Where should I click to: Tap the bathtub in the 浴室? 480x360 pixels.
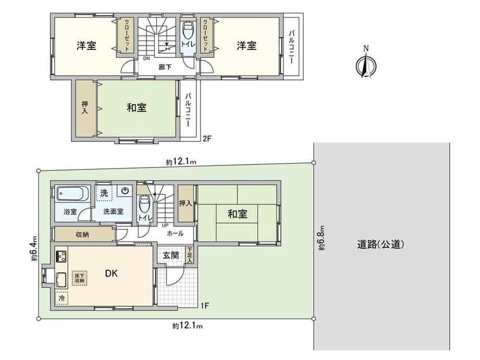(73, 194)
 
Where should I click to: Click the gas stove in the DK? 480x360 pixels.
(61, 256)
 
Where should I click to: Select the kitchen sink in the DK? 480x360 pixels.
(61, 279)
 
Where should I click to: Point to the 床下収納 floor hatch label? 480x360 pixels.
(80, 278)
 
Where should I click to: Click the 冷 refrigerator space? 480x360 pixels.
(62, 298)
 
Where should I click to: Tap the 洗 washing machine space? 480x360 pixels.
(104, 193)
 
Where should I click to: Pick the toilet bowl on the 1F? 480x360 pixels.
(144, 204)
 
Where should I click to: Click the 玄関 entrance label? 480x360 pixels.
(171, 255)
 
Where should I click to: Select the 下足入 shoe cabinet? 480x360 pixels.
(189, 255)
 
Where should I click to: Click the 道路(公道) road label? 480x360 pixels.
(381, 245)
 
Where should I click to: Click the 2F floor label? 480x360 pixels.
(207, 138)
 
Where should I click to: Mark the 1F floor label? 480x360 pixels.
(205, 305)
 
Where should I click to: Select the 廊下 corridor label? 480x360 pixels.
(165, 67)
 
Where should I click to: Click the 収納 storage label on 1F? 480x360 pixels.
(82, 234)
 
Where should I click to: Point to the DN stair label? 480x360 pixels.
(146, 58)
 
